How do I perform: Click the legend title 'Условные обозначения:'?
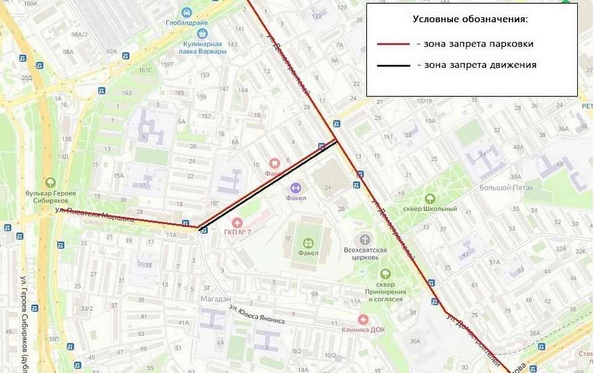point(470,19)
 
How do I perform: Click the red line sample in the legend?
point(394,44)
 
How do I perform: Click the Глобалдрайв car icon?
point(186,12)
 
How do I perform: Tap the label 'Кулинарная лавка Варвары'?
point(203,48)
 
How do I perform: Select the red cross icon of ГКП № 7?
point(236,221)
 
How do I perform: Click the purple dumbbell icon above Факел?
point(296,187)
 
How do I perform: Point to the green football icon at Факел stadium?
point(308,241)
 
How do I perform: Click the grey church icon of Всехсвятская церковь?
point(365,239)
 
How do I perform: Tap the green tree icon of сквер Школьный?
point(429,199)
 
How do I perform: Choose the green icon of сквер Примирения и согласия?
point(385,274)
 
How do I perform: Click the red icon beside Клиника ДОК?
point(363,319)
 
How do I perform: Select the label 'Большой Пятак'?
point(502,187)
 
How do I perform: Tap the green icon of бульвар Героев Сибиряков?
point(50,183)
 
